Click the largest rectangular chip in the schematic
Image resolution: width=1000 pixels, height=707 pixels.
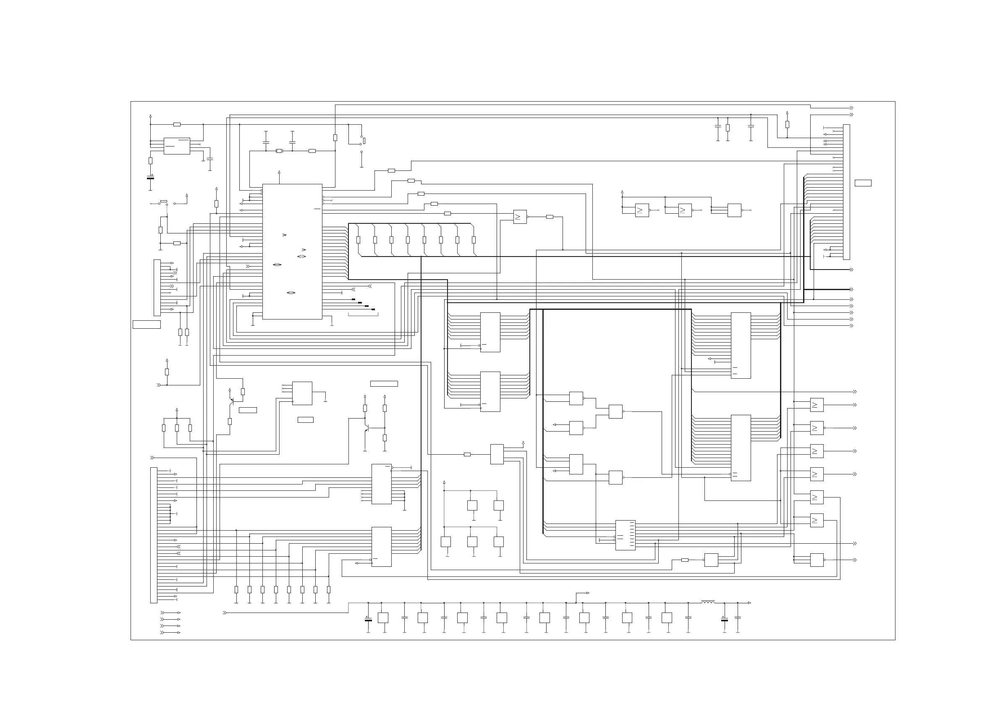tap(292, 251)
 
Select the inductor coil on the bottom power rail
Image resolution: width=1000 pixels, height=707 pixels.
tap(708, 602)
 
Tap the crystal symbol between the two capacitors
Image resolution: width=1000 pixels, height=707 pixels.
tap(279, 151)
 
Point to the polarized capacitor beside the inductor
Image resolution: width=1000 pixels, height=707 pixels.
tap(724, 619)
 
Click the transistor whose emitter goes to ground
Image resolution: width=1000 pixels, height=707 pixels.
tap(367, 429)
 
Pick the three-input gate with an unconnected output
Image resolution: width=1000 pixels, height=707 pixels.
tap(734, 210)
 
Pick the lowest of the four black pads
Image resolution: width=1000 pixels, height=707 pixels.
tap(373, 310)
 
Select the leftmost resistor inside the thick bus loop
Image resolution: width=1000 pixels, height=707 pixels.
tap(359, 240)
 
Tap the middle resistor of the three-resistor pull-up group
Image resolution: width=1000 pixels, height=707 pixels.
tap(177, 428)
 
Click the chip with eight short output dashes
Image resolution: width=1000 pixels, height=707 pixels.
tap(625, 535)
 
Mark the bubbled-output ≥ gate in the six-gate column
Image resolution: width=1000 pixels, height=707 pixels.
tap(817, 428)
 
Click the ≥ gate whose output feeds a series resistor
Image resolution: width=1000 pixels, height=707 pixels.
tap(520, 217)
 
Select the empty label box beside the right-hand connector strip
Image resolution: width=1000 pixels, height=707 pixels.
tap(863, 183)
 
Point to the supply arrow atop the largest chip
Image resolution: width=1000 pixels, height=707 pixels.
tap(279, 173)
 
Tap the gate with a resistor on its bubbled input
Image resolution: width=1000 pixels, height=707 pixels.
tap(711, 560)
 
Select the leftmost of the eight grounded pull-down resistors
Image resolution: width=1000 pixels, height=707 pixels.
tap(236, 589)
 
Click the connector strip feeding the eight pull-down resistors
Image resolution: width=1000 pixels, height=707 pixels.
tap(154, 535)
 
